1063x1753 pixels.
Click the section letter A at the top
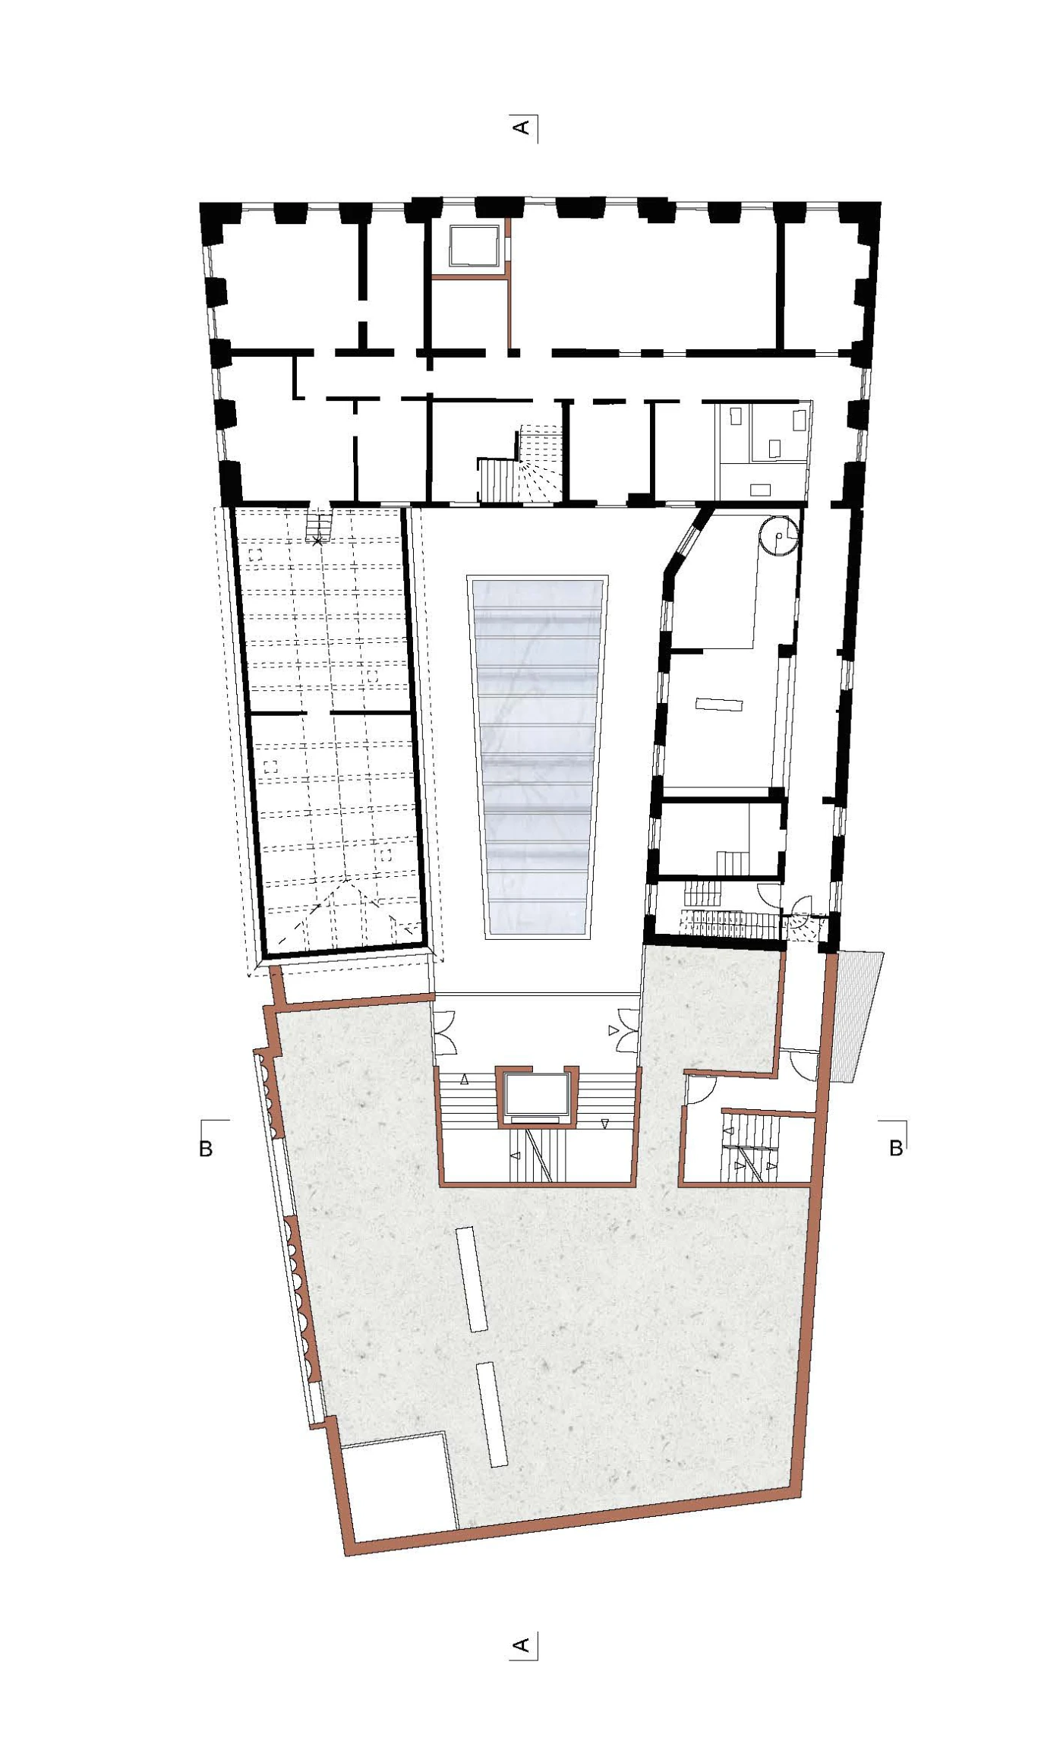coord(521,127)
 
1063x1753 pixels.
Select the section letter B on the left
coord(205,1149)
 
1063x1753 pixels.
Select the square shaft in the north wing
coord(472,246)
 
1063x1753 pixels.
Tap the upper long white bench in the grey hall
coord(472,1279)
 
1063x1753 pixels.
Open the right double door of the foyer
coord(628,1030)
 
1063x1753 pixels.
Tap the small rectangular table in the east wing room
coord(718,705)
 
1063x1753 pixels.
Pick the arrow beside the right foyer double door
coord(613,1030)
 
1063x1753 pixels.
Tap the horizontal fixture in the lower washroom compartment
coord(761,490)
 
